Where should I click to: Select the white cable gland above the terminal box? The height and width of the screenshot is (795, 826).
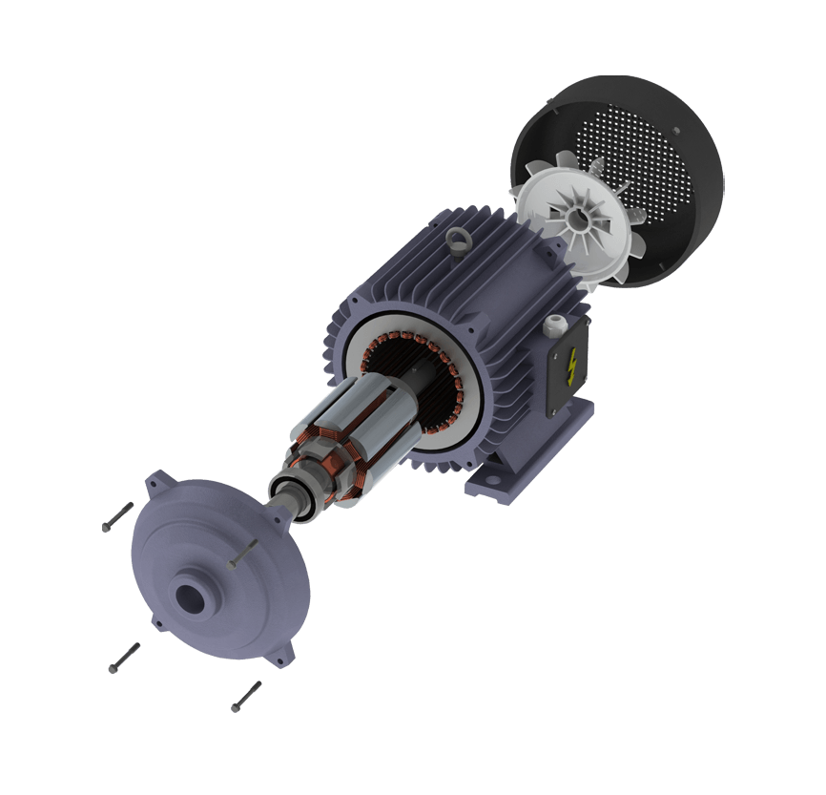pyautogui.click(x=552, y=327)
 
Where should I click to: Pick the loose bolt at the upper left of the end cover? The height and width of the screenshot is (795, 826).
pyautogui.click(x=116, y=517)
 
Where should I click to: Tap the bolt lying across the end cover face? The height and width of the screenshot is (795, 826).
pyautogui.click(x=244, y=553)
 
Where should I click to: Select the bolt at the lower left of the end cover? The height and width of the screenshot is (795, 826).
pyautogui.click(x=124, y=659)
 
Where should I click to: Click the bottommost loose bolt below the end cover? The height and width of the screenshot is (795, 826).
pyautogui.click(x=245, y=697)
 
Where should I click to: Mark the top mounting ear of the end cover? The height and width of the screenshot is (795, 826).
pyautogui.click(x=155, y=482)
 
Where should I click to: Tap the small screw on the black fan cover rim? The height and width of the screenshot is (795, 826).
pyautogui.click(x=675, y=131)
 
